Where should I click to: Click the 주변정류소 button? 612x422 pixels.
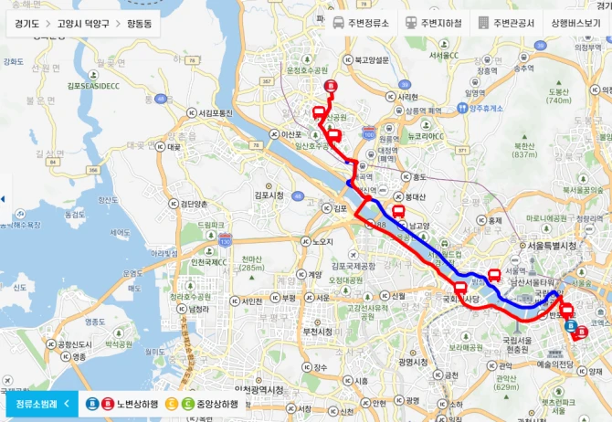(362, 23)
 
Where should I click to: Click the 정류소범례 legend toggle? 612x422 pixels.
(42, 403)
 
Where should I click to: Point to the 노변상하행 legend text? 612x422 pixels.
(136, 404)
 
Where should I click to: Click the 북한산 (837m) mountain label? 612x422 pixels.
(523, 149)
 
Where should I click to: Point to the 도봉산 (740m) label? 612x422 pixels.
(558, 95)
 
